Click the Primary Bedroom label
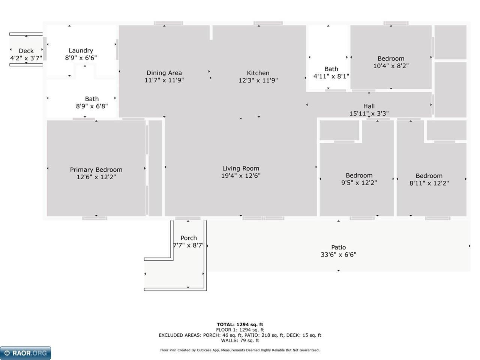[96, 169]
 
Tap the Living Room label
[240, 168]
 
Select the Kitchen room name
[258, 73]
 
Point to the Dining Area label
[164, 73]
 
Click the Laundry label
[81, 50]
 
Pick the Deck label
[26, 51]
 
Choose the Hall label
[369, 106]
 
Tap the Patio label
[338, 247]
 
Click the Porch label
[189, 238]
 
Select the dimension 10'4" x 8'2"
[391, 66]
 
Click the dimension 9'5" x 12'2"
[359, 183]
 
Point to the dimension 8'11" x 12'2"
[429, 183]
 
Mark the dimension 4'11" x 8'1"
[331, 76]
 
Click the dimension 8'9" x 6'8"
[91, 106]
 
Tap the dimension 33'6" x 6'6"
[338, 255]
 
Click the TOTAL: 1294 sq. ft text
[240, 324]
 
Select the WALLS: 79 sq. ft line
[240, 340]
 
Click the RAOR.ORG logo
[25, 353]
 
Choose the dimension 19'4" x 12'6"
[240, 175]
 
